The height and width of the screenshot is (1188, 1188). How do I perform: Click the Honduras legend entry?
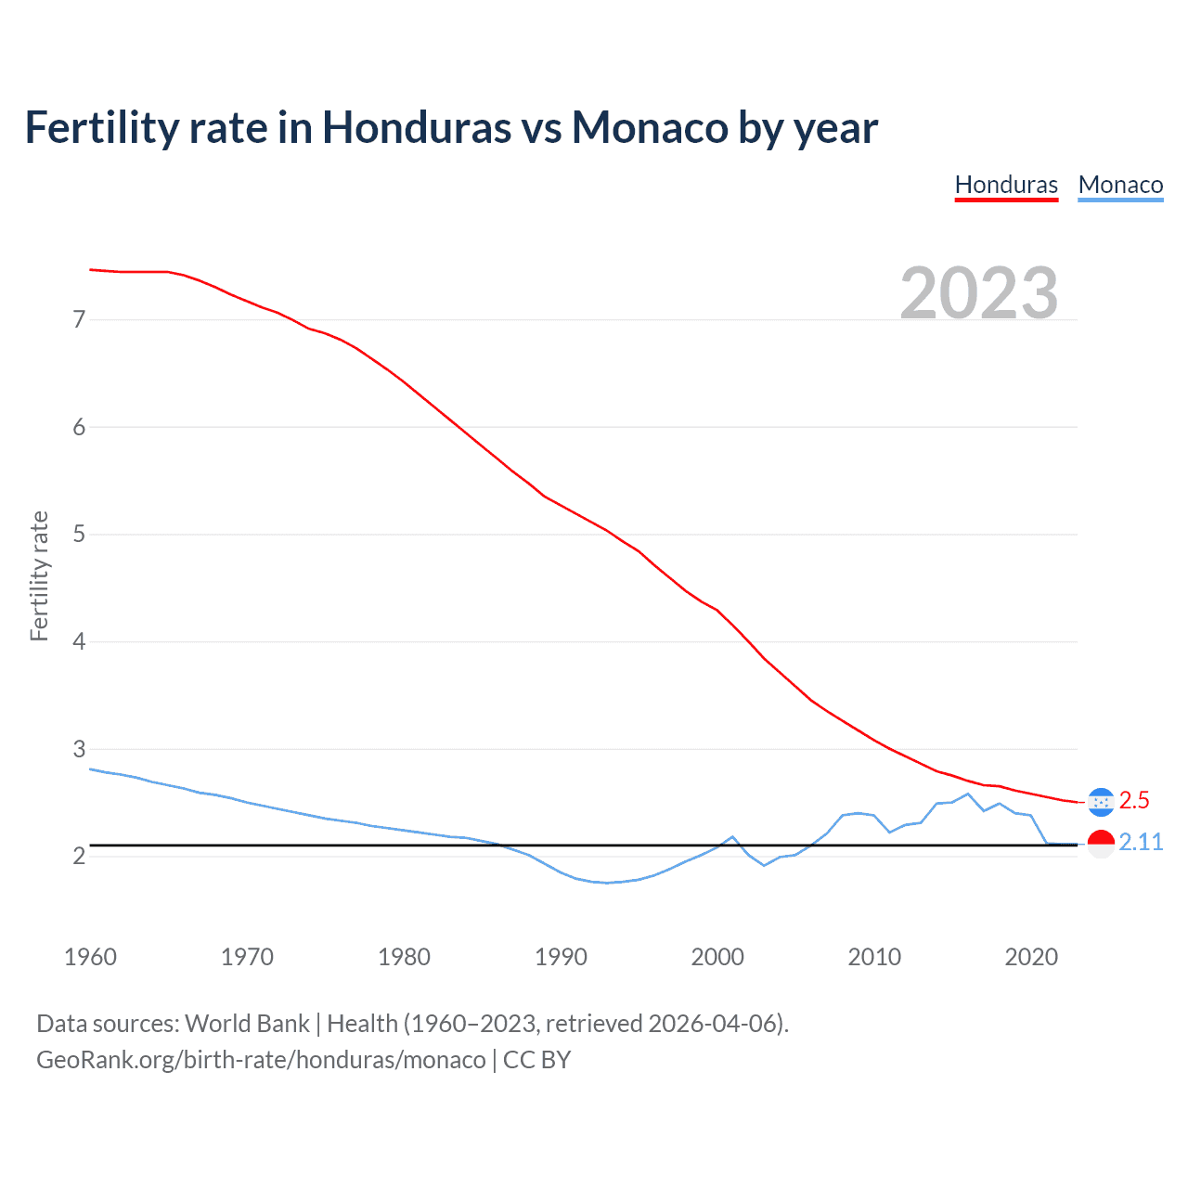(x=1006, y=185)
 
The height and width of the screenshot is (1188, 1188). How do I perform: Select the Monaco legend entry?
(x=1120, y=185)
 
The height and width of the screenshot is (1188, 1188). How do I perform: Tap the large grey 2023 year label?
(x=979, y=293)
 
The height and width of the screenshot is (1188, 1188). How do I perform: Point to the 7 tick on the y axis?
(x=79, y=320)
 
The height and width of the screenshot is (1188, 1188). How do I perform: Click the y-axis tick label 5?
(x=79, y=535)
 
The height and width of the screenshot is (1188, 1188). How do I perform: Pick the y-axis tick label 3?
(x=79, y=749)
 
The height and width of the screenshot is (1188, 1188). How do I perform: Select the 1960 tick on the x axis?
(x=90, y=957)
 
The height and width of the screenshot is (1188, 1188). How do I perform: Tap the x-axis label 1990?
(x=561, y=957)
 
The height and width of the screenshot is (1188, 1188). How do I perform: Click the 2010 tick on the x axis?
(x=874, y=957)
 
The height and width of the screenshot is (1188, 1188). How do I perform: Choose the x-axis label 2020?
(x=1031, y=957)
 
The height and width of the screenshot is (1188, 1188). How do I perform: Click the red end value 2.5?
(x=1134, y=800)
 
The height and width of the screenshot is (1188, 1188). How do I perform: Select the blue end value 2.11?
(x=1141, y=842)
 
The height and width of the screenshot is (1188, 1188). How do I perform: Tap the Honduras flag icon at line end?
(x=1101, y=802)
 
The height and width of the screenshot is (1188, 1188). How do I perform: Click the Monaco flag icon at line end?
(x=1101, y=844)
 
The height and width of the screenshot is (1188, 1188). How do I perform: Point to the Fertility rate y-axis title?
(x=39, y=575)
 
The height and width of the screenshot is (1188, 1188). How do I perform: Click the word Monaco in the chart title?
(x=650, y=128)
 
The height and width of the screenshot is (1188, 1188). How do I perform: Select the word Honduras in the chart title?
(x=416, y=128)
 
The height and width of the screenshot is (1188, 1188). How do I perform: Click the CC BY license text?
(x=536, y=1060)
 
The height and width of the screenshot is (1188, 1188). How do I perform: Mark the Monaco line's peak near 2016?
(x=968, y=794)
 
